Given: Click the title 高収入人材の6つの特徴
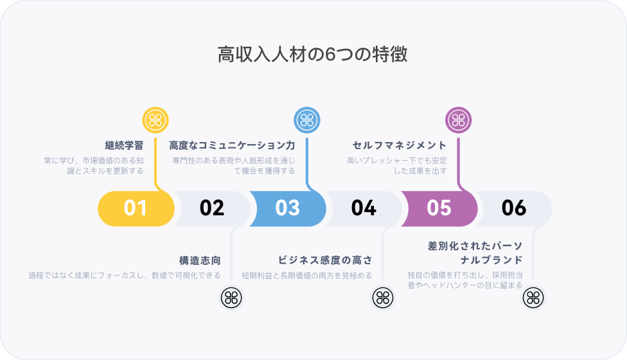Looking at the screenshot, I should [313, 55].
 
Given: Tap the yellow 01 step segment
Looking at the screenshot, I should [136, 208].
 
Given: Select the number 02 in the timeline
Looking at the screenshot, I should [212, 208].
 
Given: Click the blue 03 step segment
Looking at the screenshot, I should [288, 208].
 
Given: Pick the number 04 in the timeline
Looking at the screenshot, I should [364, 208].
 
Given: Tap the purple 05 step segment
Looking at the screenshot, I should [439, 208].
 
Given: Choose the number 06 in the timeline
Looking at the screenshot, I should [514, 208].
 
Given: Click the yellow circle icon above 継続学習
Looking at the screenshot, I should [155, 120].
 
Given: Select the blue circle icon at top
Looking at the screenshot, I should [306, 120].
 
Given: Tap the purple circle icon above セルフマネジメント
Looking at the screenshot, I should [458, 120].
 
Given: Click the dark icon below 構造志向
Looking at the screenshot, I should [231, 297].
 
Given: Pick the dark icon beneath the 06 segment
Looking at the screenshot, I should [533, 297].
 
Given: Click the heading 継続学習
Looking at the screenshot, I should [124, 145].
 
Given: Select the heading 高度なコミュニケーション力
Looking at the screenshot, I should [232, 145].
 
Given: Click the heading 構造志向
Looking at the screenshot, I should [200, 260].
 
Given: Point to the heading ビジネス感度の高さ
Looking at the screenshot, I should [325, 260].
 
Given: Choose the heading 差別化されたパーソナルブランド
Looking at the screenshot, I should [475, 253].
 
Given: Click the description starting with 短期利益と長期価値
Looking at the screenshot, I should [306, 276].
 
